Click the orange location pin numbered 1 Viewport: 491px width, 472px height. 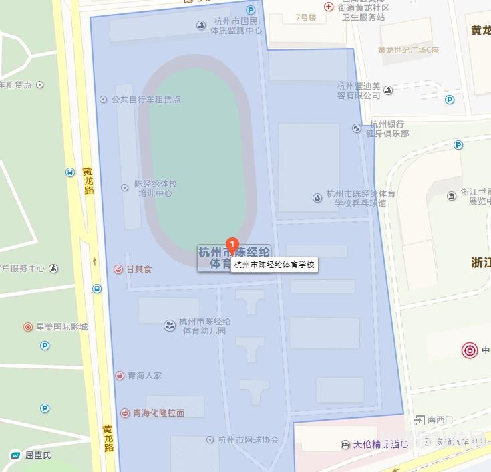tap(232, 245)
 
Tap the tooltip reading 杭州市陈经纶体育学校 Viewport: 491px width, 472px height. tap(274, 265)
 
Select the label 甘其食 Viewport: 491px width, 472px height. tap(139, 269)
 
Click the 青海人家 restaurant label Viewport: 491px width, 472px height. tap(144, 376)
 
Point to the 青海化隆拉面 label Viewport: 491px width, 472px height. tap(158, 413)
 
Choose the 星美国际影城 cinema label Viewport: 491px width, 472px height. tap(61, 327)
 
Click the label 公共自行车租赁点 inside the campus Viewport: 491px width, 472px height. tap(146, 100)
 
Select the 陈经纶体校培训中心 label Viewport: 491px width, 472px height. tap(156, 188)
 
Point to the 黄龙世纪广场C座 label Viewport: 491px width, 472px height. tap(408, 50)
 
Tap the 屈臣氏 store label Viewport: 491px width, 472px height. tap(38, 456)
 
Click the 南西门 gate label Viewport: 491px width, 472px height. tap(440, 420)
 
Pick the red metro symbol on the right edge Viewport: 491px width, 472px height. tap(470, 350)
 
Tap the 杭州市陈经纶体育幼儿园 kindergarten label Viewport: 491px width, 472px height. tap(204, 326)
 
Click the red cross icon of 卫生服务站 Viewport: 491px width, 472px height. tap(329, 7)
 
